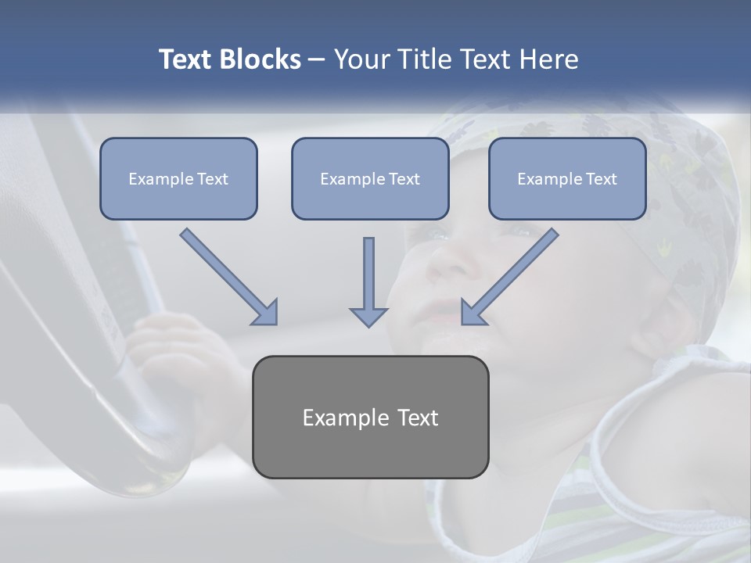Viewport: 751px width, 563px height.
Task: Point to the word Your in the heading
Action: click(x=359, y=59)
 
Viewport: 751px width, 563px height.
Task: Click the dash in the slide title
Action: click(x=317, y=60)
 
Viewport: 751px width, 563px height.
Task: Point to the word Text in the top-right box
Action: click(x=601, y=179)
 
